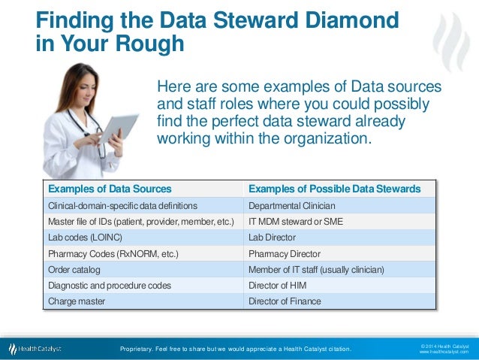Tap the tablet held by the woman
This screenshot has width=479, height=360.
(x=118, y=129)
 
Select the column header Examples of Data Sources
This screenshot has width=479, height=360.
(x=110, y=189)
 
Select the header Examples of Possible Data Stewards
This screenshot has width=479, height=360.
(x=334, y=189)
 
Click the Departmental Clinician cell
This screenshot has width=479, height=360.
(x=291, y=205)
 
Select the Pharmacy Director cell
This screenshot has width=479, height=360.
(x=284, y=254)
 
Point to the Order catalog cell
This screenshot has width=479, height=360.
(x=74, y=270)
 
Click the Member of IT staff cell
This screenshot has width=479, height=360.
(x=316, y=270)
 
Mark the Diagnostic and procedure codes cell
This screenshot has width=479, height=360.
(x=110, y=286)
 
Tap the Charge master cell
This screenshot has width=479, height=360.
(x=77, y=301)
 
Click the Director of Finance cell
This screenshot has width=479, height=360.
(x=285, y=301)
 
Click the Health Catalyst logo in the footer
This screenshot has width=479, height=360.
(x=35, y=349)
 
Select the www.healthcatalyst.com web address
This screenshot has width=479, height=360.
(x=443, y=352)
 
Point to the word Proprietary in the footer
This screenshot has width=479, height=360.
(x=140, y=349)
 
